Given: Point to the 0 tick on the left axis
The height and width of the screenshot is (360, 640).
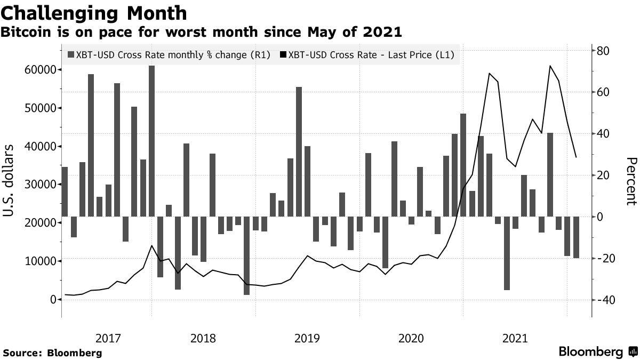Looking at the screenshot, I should pos(53,300).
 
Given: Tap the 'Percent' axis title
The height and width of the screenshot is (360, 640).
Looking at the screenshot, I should pos(631,181).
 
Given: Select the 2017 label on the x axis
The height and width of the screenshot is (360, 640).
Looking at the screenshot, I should pos(109,338).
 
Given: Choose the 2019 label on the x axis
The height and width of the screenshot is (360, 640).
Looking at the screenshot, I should pos(307,338).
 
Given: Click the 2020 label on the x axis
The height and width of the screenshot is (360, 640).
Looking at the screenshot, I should pos(411,338).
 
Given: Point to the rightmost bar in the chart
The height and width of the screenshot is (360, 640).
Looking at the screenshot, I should pos(576,237).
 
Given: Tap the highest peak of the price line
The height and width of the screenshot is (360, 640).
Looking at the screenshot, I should pos(550,66).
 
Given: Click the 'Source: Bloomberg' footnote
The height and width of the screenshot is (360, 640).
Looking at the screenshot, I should pos(52,353).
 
